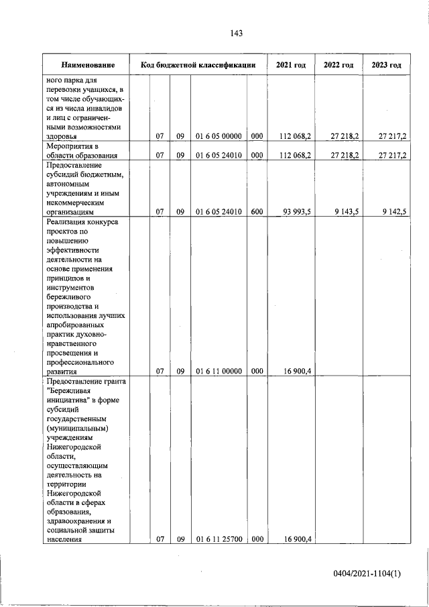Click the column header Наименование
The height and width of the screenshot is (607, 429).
pos(87,65)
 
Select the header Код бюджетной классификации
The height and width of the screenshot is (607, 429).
pos(198,65)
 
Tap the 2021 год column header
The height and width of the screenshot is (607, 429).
pos(291,65)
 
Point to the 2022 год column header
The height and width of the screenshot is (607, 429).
pos(339,65)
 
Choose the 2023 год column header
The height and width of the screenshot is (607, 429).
pos(386,65)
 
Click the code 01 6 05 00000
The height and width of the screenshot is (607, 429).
pos(219,136)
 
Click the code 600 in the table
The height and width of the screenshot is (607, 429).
pos(256,212)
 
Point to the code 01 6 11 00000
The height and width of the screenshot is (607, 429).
pos(219,370)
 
